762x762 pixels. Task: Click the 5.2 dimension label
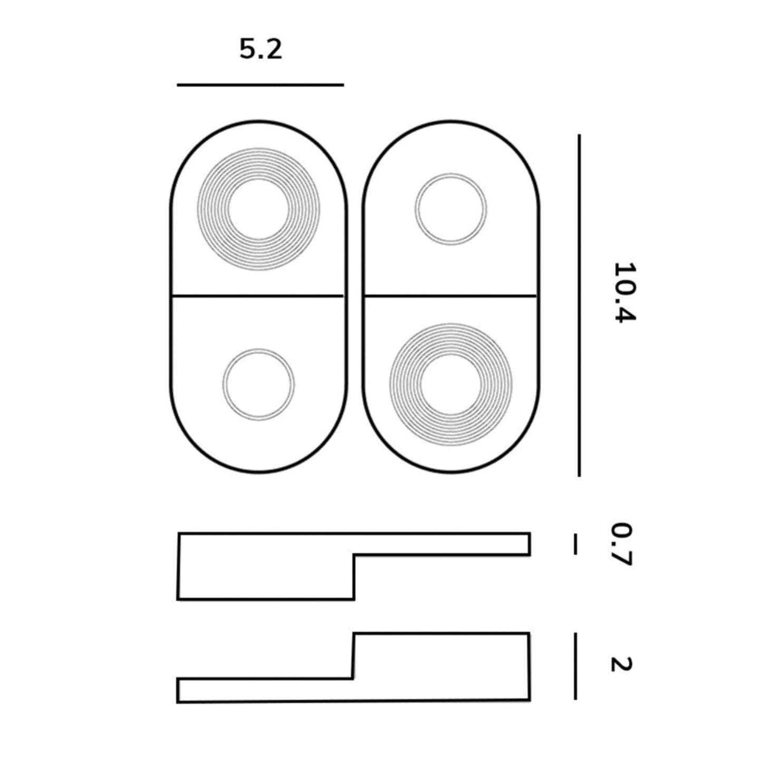(x=261, y=50)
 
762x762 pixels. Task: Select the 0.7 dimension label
(x=622, y=544)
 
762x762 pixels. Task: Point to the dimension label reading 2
(x=621, y=664)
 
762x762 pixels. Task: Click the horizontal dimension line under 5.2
(x=260, y=84)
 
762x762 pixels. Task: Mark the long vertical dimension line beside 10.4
(x=579, y=306)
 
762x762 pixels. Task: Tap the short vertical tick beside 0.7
(x=575, y=544)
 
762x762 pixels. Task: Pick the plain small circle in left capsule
(x=258, y=384)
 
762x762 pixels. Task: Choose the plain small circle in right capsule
(x=451, y=209)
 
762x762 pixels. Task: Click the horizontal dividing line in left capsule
(x=258, y=296)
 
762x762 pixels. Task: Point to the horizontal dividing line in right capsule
(x=451, y=296)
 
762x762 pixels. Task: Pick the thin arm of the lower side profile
(x=264, y=690)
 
